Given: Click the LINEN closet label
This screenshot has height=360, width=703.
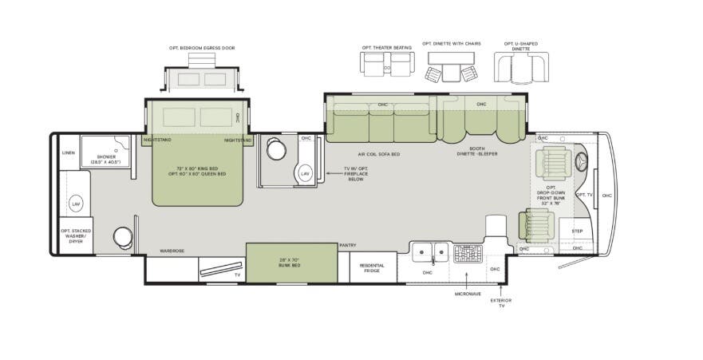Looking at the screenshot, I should (x=68, y=152).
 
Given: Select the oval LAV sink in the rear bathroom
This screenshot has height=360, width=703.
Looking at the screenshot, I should (x=76, y=204).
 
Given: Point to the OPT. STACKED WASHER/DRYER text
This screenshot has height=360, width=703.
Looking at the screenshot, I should (x=77, y=236).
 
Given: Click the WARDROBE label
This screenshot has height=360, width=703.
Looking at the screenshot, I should (x=172, y=251).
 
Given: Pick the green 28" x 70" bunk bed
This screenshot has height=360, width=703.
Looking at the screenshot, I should (x=291, y=263).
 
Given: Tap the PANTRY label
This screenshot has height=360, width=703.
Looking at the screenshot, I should (x=347, y=245).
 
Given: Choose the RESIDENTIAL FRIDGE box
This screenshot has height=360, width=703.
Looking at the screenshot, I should (x=372, y=268).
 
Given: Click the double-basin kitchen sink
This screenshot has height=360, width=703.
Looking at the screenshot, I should (x=429, y=254).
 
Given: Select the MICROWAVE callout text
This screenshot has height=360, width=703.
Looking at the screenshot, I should (x=467, y=293).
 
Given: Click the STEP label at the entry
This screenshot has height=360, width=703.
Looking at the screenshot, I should (x=577, y=231).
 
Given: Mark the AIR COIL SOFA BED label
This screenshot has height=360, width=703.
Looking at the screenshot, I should (x=379, y=154).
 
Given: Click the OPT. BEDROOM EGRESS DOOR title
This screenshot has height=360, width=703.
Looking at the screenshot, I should (x=202, y=48).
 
